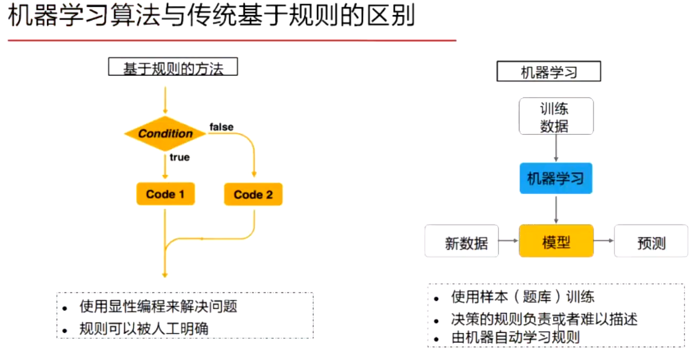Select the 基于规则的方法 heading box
coord(173,67)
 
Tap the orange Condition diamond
coord(165,134)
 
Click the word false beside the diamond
coord(222,126)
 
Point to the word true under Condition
coord(179,157)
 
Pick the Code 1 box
coord(165,194)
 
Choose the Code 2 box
coord(253,194)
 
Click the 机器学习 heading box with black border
coord(548,72)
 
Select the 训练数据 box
coord(555,116)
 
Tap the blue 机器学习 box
coord(556,178)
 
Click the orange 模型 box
coord(556,241)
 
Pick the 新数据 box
coord(462,242)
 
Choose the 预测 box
coord(651,242)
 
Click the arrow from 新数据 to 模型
coord(509,241)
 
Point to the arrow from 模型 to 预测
coord(604,241)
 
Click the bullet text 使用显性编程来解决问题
coord(158,307)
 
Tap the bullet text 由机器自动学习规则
coord(515,337)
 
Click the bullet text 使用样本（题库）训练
coord(522,297)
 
